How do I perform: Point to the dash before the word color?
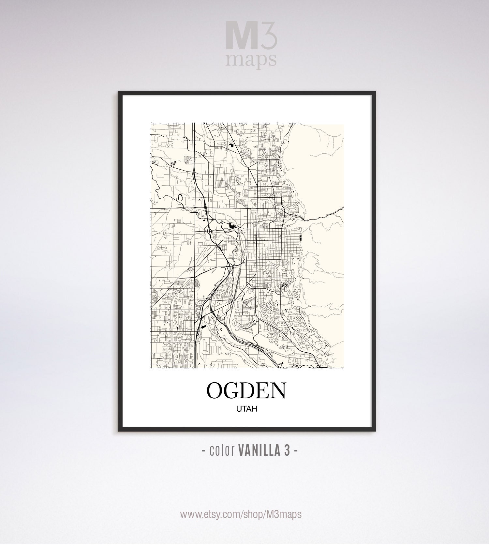click(203, 451)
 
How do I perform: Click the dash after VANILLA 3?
click(296, 451)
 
